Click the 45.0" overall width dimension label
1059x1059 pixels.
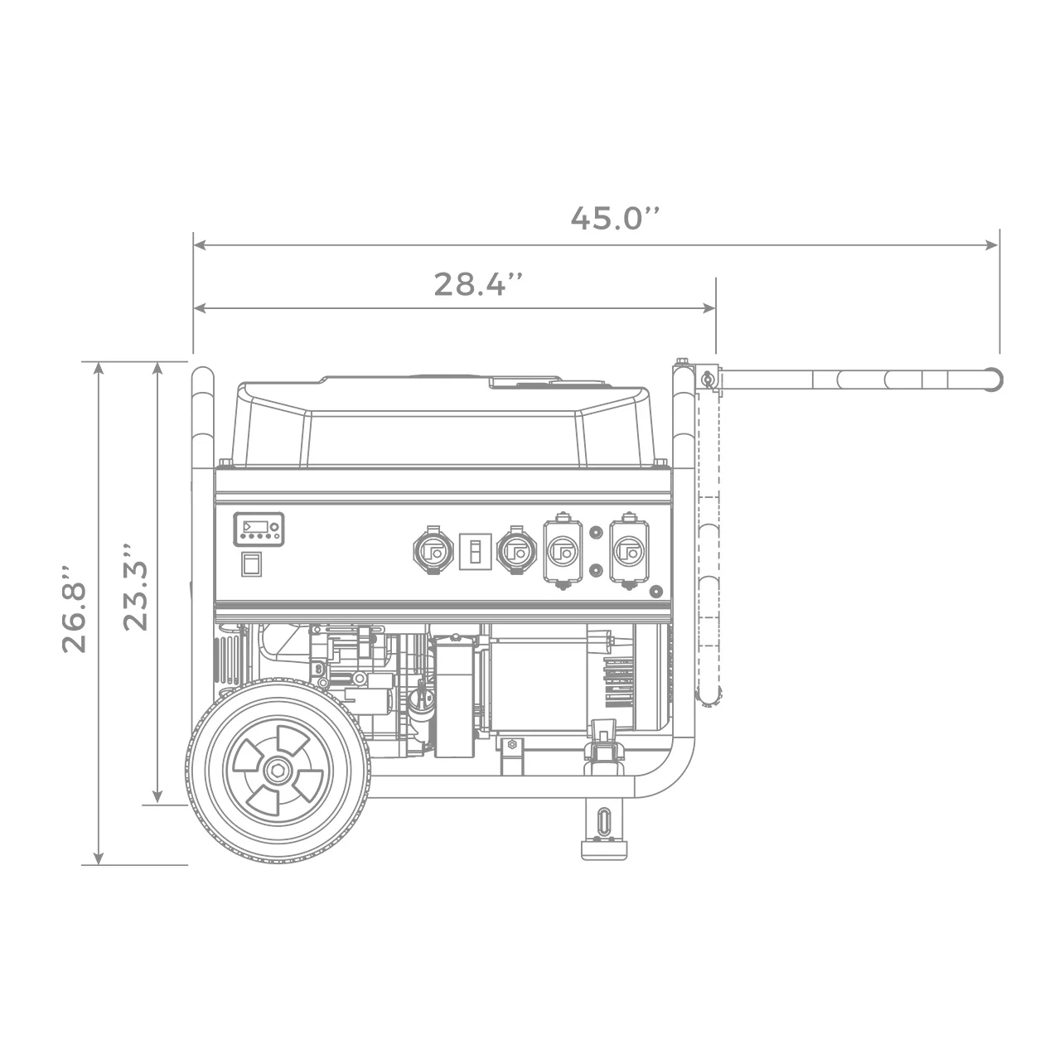(615, 218)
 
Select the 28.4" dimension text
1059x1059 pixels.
(478, 284)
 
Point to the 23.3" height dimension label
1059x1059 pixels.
(135, 588)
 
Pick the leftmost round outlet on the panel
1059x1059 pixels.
(433, 551)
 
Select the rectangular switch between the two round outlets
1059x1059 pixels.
(475, 551)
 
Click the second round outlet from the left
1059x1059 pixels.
(515, 551)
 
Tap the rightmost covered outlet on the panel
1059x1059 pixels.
(629, 551)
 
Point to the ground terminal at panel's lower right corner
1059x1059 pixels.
(655, 592)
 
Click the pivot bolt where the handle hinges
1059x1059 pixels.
(707, 380)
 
